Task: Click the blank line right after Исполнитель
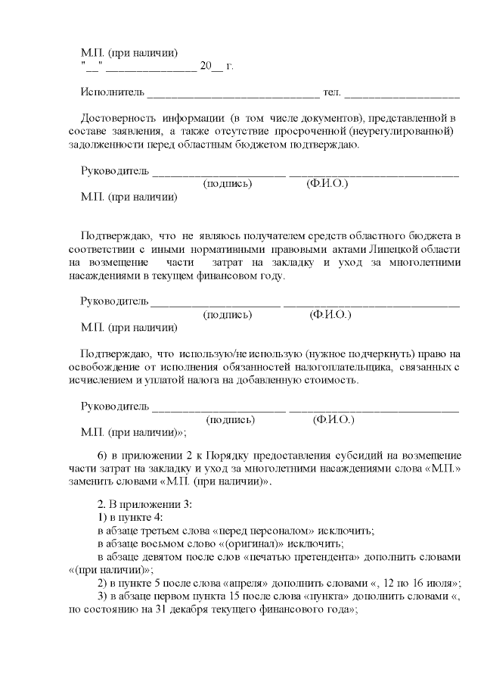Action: (233, 95)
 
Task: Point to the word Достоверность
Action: (118, 119)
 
